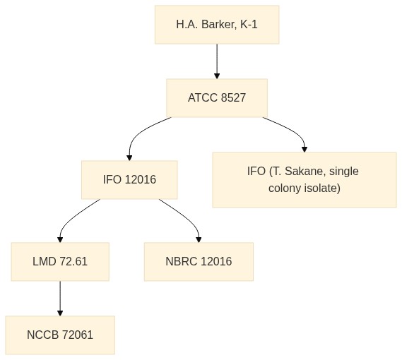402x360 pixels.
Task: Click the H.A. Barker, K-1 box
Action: pos(217,25)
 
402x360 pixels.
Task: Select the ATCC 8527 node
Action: pos(217,98)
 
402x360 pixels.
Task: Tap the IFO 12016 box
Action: pos(129,180)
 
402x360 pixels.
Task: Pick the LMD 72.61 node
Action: pos(60,262)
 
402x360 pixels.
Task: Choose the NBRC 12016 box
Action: pos(199,262)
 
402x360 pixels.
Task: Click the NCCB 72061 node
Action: pos(60,335)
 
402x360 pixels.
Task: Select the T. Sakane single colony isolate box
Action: pos(305,180)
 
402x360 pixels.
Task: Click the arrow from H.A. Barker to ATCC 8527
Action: pos(217,61)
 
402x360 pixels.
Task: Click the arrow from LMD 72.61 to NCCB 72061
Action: pos(60,299)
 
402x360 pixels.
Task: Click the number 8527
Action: pos(233,98)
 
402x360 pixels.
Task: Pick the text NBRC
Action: pos(182,262)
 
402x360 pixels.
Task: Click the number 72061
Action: pos(78,335)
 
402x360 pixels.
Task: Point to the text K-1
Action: pos(249,25)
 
